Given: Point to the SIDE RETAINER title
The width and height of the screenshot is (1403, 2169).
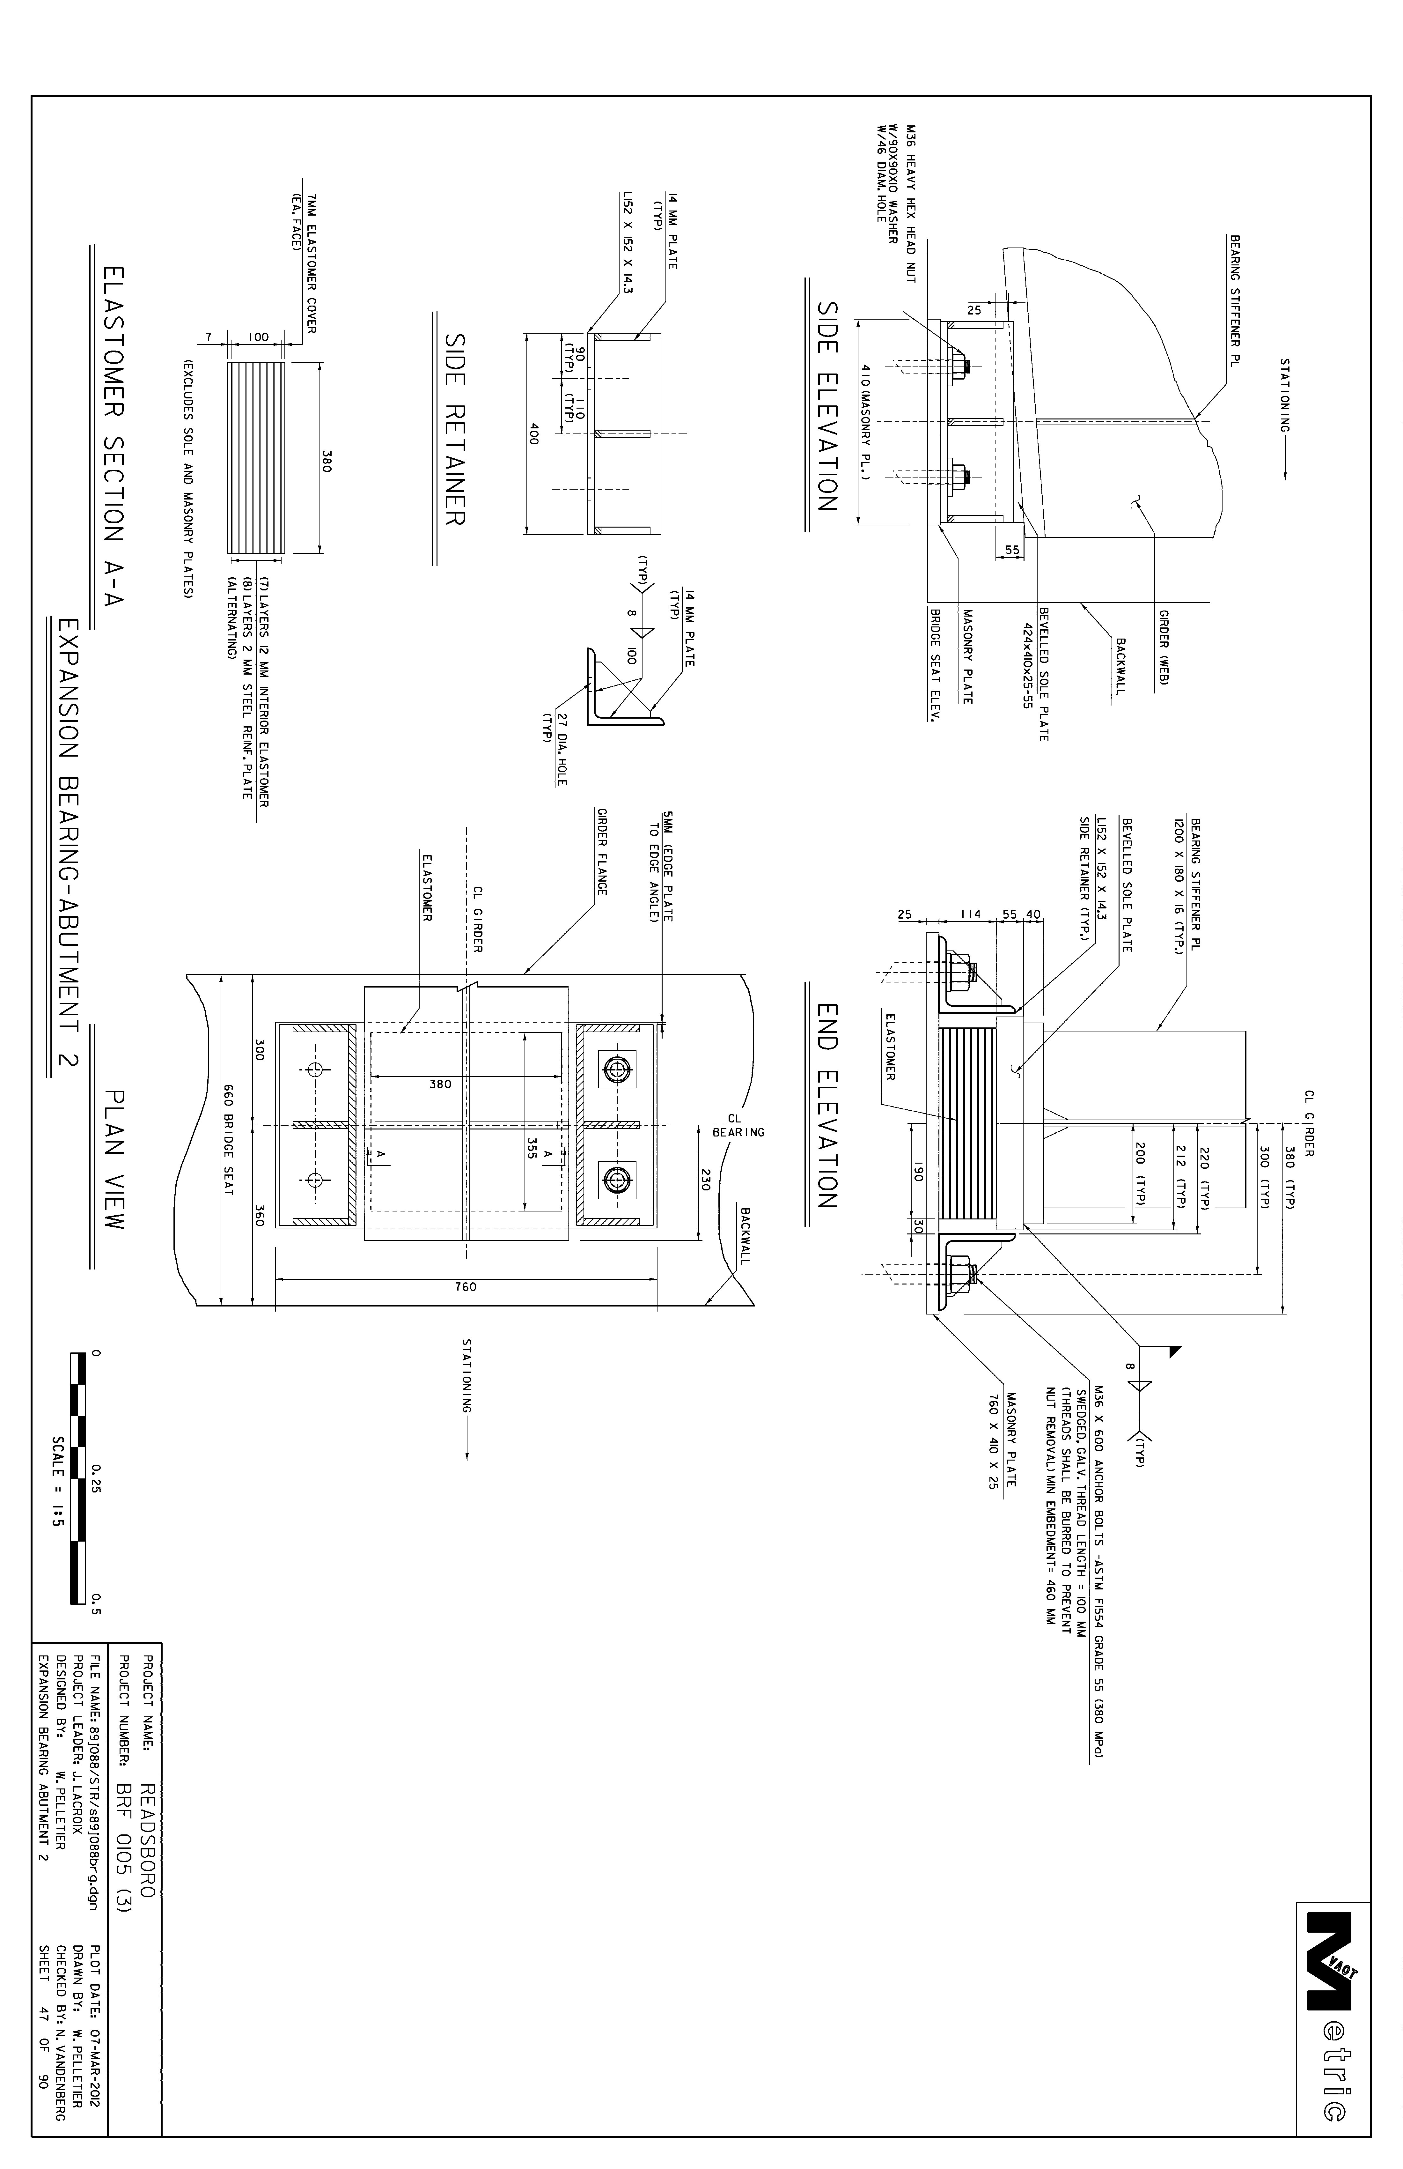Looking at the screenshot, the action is [455, 427].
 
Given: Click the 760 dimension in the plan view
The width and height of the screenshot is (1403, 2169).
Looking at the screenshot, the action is [466, 1287].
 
